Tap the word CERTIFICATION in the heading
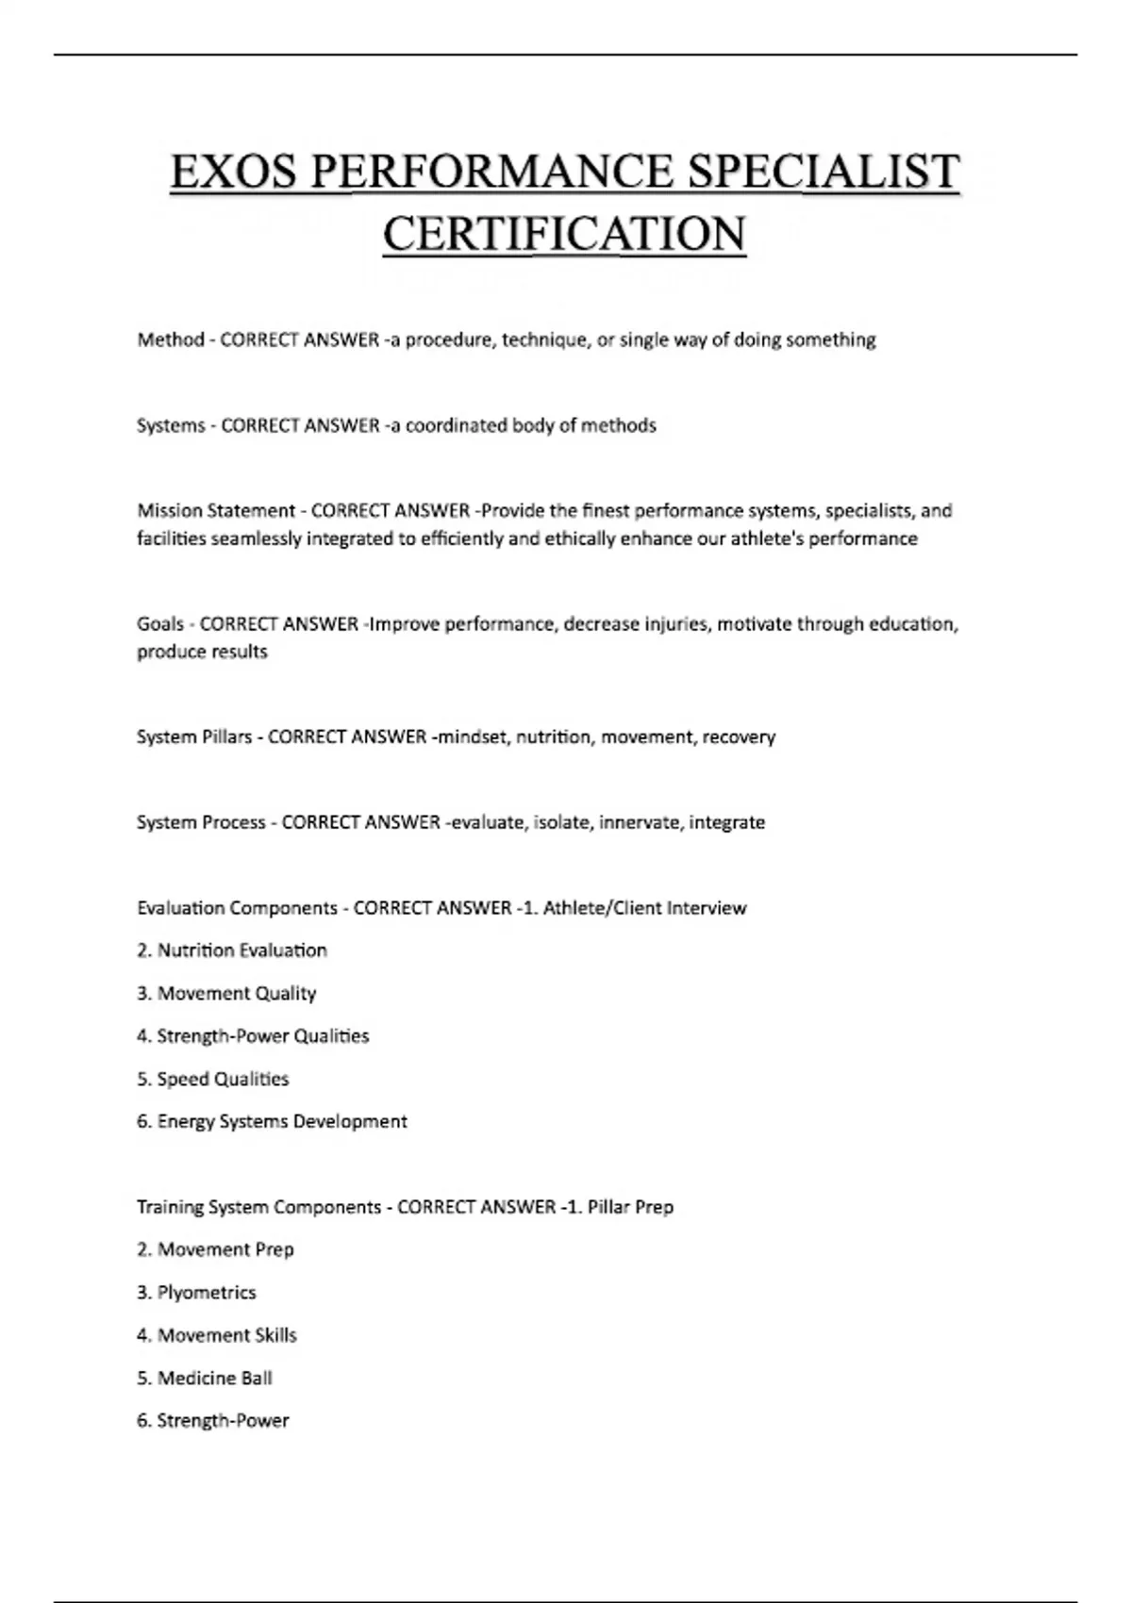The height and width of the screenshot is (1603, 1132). [564, 234]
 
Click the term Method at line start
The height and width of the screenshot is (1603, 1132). [171, 339]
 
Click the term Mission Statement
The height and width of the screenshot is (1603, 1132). [216, 511]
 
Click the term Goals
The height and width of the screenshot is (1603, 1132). [160, 624]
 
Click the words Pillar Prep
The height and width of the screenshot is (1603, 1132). [630, 1207]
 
